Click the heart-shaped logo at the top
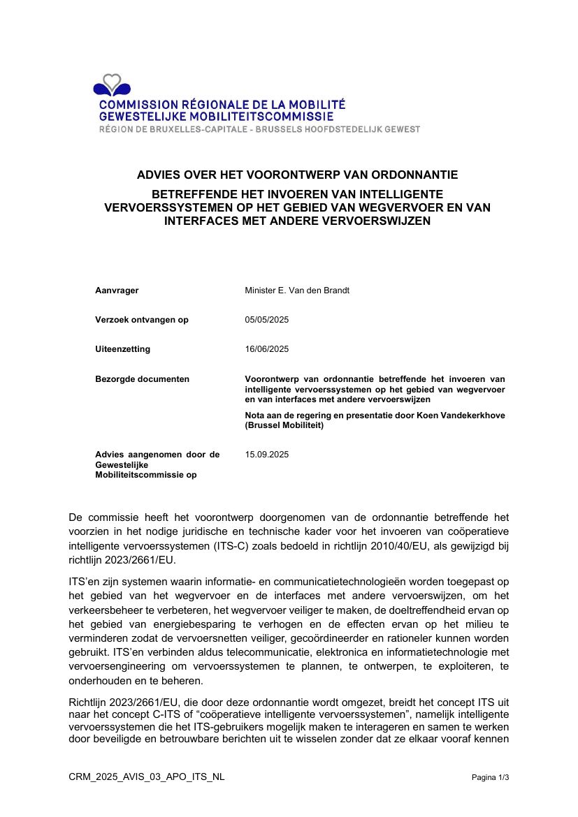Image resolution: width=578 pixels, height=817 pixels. click(x=112, y=85)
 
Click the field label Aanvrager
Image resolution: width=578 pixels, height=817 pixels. click(x=117, y=290)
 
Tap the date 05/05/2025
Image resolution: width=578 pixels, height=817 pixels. click(x=267, y=320)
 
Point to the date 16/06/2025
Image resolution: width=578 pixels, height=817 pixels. click(x=267, y=349)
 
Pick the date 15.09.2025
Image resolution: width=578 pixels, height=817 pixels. click(x=267, y=455)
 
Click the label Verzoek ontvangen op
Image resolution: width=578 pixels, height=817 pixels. click(x=142, y=320)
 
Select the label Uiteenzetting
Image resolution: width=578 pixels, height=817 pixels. click(x=122, y=349)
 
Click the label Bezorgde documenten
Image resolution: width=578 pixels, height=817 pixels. click(x=142, y=379)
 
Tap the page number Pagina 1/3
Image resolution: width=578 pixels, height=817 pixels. click(x=491, y=777)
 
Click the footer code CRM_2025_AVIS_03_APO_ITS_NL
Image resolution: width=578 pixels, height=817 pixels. click(x=147, y=776)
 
